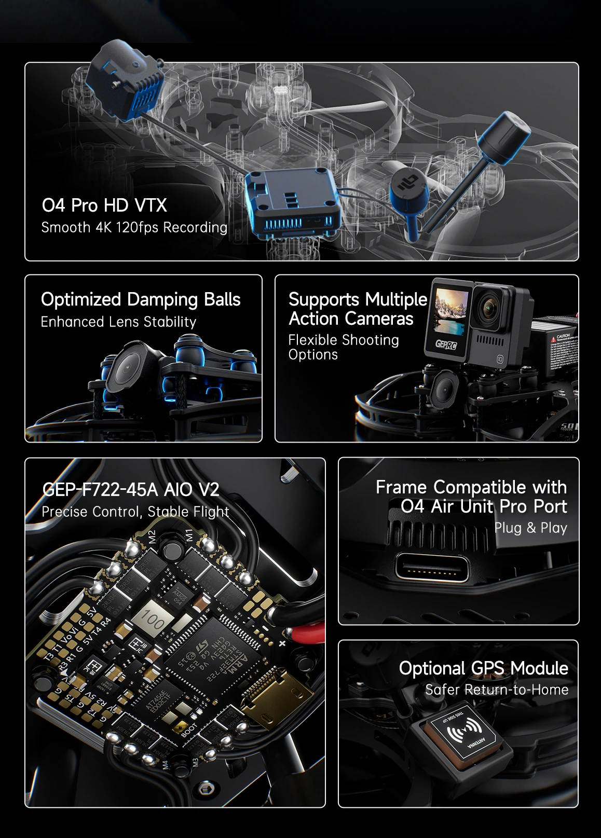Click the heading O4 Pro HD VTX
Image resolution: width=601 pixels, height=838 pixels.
pos(104,205)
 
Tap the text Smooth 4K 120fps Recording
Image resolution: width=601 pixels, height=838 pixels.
pos(134,227)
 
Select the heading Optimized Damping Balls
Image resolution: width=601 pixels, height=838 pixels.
pos(141,299)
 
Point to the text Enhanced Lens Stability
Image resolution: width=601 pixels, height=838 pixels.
pos(118,322)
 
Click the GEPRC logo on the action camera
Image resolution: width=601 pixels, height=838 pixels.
pos(446,344)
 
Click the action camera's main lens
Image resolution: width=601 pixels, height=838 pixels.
pos(491,309)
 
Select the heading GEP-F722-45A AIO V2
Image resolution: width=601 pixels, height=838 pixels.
pos(130,489)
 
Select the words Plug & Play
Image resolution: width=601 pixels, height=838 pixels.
pos(530,528)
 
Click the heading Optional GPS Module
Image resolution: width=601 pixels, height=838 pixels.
pos(483,668)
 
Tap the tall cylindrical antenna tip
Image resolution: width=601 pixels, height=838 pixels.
pos(503,135)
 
